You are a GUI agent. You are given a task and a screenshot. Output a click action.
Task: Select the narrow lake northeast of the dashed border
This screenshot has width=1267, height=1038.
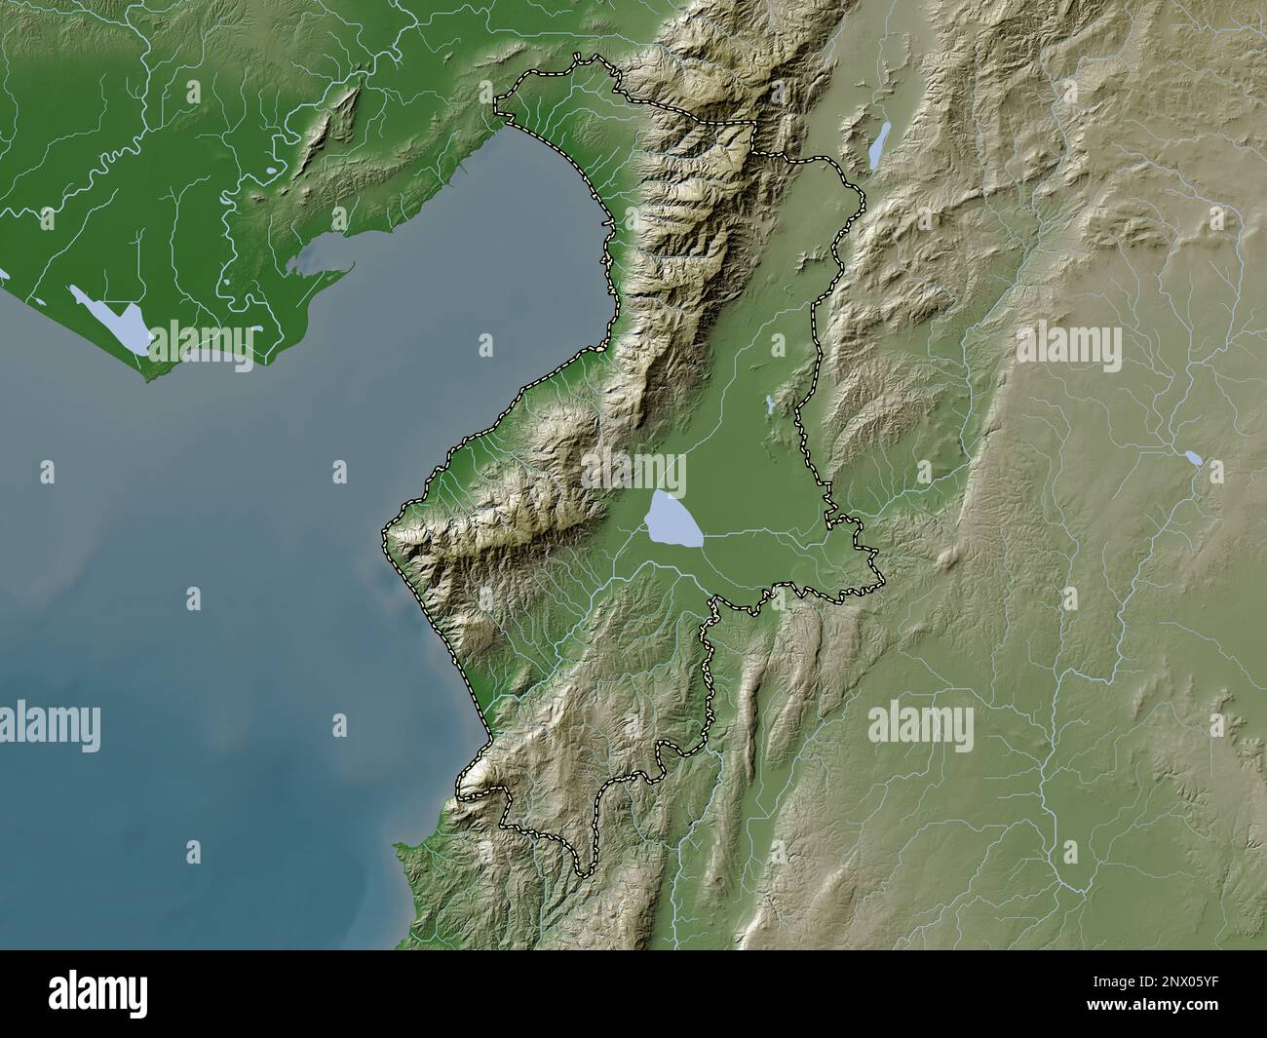pyautogui.click(x=879, y=144)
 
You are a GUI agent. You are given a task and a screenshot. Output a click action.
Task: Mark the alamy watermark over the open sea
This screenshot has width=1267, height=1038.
pyautogui.click(x=50, y=724)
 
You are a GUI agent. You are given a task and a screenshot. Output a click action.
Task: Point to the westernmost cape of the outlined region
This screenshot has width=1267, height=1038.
pyautogui.click(x=384, y=532)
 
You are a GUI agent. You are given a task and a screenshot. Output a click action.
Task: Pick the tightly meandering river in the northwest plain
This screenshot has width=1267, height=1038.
pyautogui.click(x=112, y=161)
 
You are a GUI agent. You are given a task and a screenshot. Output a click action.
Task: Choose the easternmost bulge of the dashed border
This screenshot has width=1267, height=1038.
pyautogui.click(x=882, y=582)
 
